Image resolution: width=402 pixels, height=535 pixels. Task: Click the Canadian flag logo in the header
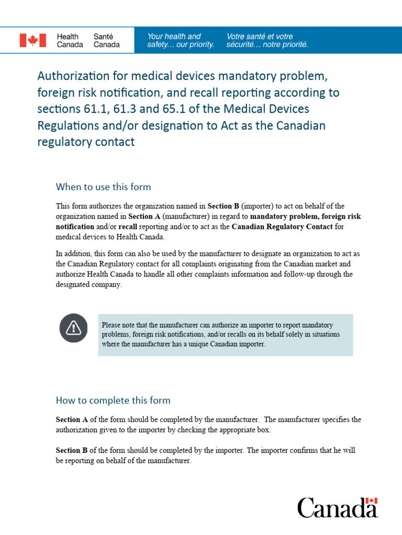tap(33, 40)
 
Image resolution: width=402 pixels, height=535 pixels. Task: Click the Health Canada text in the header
tap(70, 40)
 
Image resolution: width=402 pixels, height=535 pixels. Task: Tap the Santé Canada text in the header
tap(106, 40)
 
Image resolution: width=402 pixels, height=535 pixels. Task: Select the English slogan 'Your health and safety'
tap(181, 40)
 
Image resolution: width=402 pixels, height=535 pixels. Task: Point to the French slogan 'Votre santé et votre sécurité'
tap(267, 40)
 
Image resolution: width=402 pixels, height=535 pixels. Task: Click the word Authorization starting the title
tap(72, 76)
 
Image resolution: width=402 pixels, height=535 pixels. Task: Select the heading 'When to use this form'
tap(103, 187)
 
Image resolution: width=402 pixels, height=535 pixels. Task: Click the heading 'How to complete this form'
tap(113, 400)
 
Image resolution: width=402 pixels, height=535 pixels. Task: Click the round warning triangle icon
tap(74, 328)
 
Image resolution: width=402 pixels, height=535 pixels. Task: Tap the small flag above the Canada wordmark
tap(372, 501)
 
